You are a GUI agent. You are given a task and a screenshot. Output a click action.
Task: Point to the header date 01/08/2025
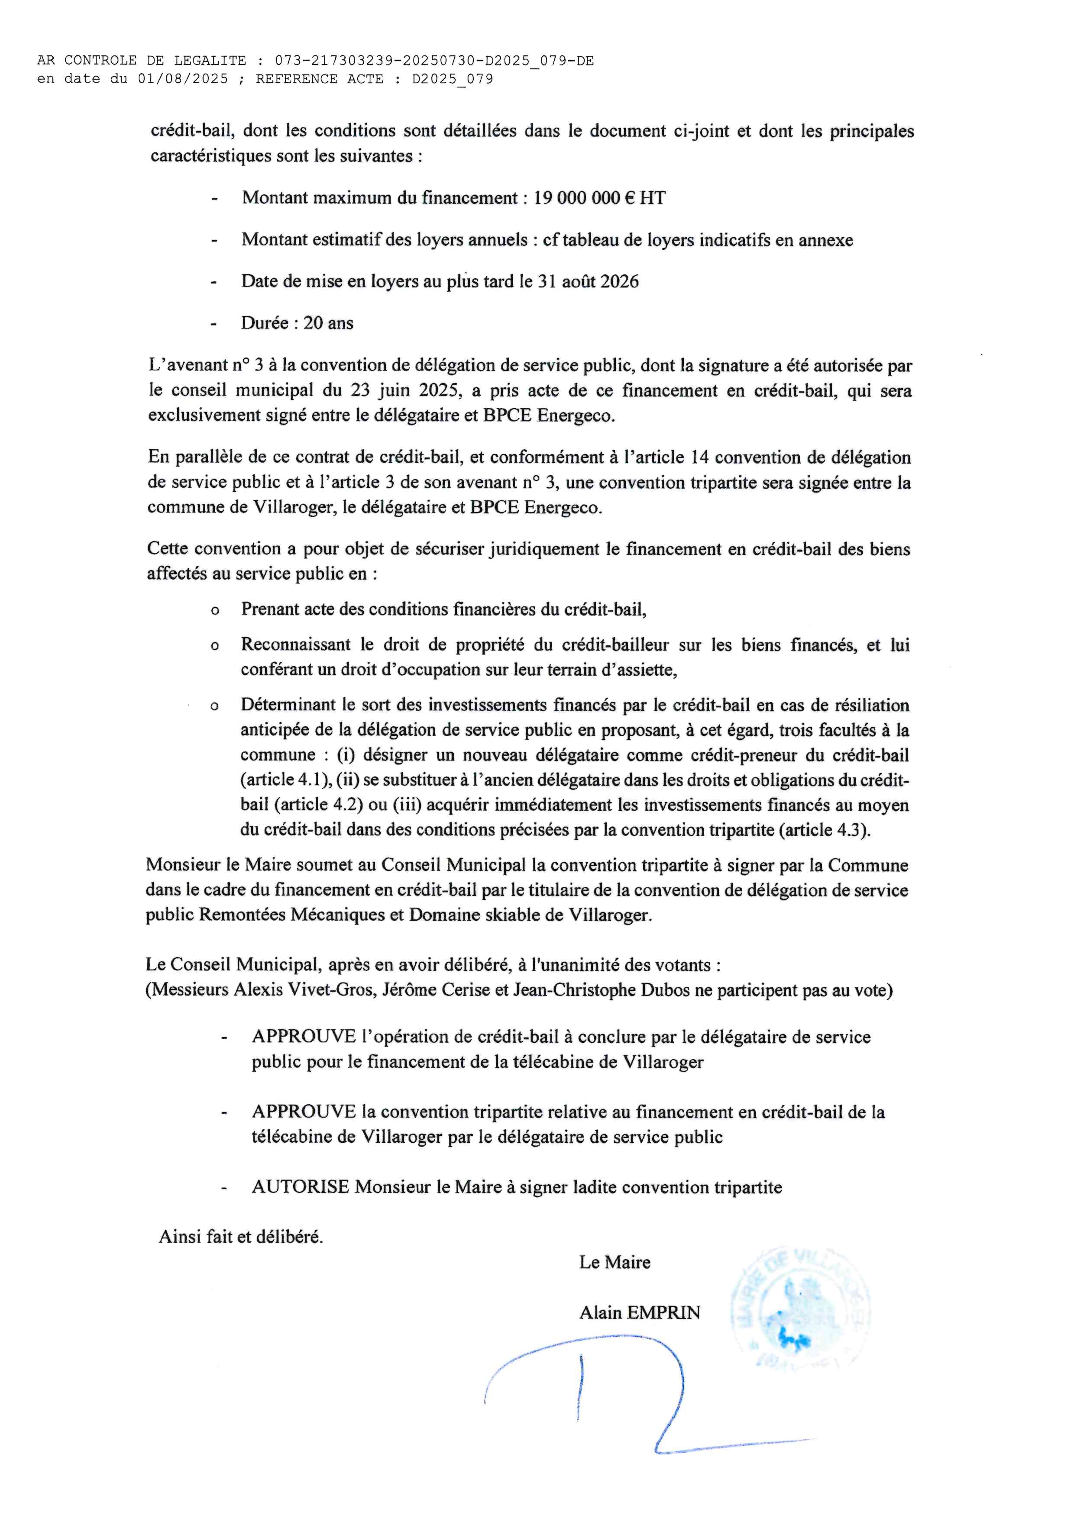tap(182, 79)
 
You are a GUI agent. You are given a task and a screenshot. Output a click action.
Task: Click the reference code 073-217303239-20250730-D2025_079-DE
tap(434, 61)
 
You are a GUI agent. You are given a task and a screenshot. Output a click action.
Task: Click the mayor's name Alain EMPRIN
tap(640, 1312)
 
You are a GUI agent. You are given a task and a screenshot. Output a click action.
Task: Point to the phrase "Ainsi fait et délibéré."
tap(241, 1236)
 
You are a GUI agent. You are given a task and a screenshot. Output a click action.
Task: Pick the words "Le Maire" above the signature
tap(615, 1262)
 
